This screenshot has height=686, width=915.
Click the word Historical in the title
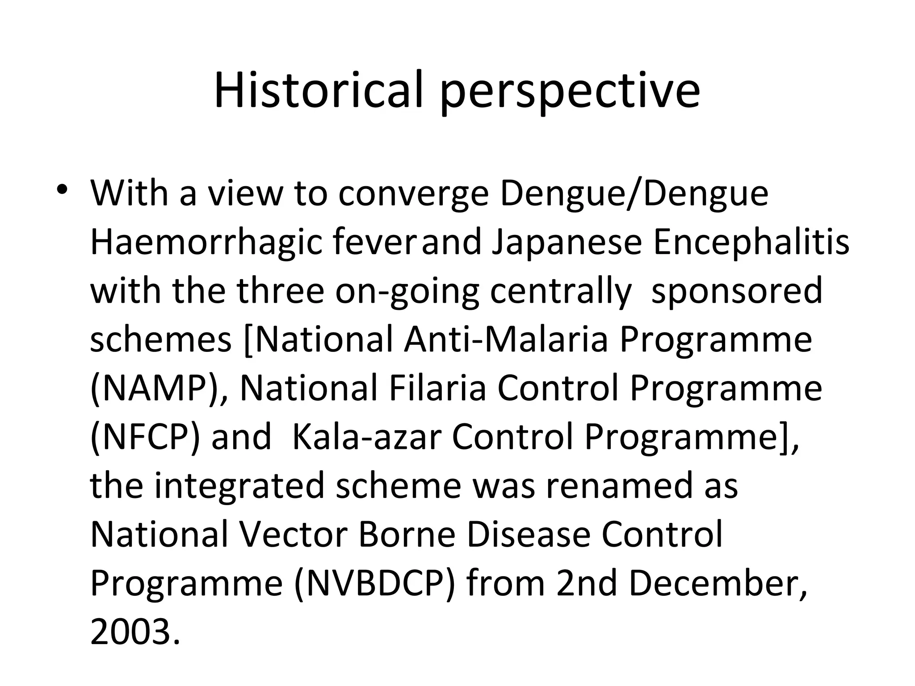pyautogui.click(x=318, y=90)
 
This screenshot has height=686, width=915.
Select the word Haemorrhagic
pyautogui.click(x=206, y=243)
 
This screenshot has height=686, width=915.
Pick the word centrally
pyautogui.click(x=561, y=292)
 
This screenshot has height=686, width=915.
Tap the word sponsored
pyautogui.click(x=737, y=292)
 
